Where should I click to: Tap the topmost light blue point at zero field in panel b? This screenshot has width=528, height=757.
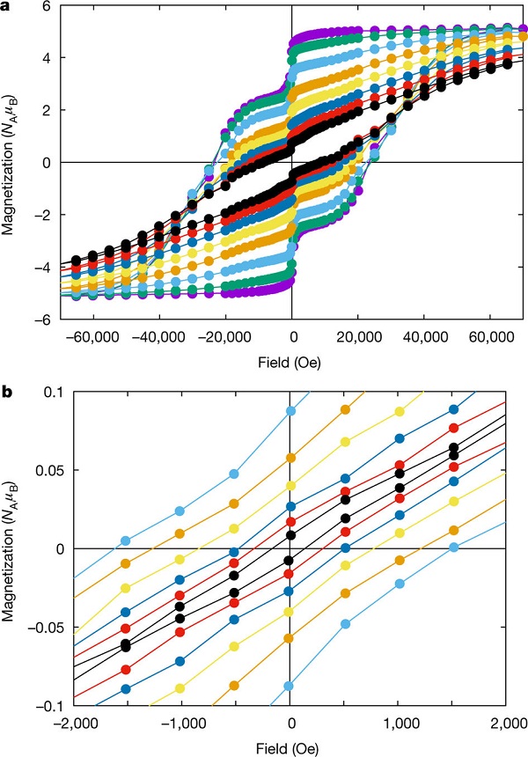pyautogui.click(x=290, y=411)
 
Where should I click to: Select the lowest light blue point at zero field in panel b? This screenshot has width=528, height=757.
pyautogui.click(x=290, y=686)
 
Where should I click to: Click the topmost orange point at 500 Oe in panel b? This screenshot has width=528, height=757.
pyautogui.click(x=345, y=411)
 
